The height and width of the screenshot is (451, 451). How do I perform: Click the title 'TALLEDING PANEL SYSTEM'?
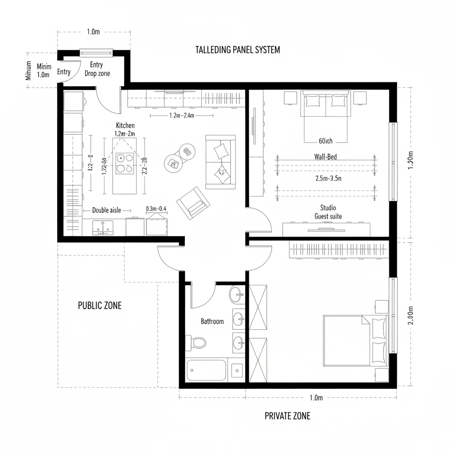[x=237, y=50]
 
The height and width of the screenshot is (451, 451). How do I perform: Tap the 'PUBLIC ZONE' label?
[x=100, y=305]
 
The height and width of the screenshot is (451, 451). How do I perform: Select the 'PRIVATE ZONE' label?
[x=287, y=416]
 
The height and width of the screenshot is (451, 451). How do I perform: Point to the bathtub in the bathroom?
[x=206, y=370]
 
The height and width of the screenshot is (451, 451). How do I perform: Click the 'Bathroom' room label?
[x=212, y=322]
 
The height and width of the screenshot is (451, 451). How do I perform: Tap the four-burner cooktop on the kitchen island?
[x=125, y=163]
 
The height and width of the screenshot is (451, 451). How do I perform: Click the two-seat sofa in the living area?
[x=220, y=162]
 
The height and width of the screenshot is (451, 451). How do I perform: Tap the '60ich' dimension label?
[x=325, y=141]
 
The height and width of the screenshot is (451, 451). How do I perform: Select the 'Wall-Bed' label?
[x=326, y=156]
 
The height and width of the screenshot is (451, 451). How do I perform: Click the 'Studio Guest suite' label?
[x=328, y=212]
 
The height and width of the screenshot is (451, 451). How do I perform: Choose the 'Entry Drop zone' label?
[x=97, y=69]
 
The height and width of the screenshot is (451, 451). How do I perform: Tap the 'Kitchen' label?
[x=125, y=126]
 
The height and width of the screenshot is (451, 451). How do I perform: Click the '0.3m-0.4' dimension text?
[x=156, y=208]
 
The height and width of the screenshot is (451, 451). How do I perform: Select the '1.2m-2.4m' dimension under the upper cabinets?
[x=181, y=115]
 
